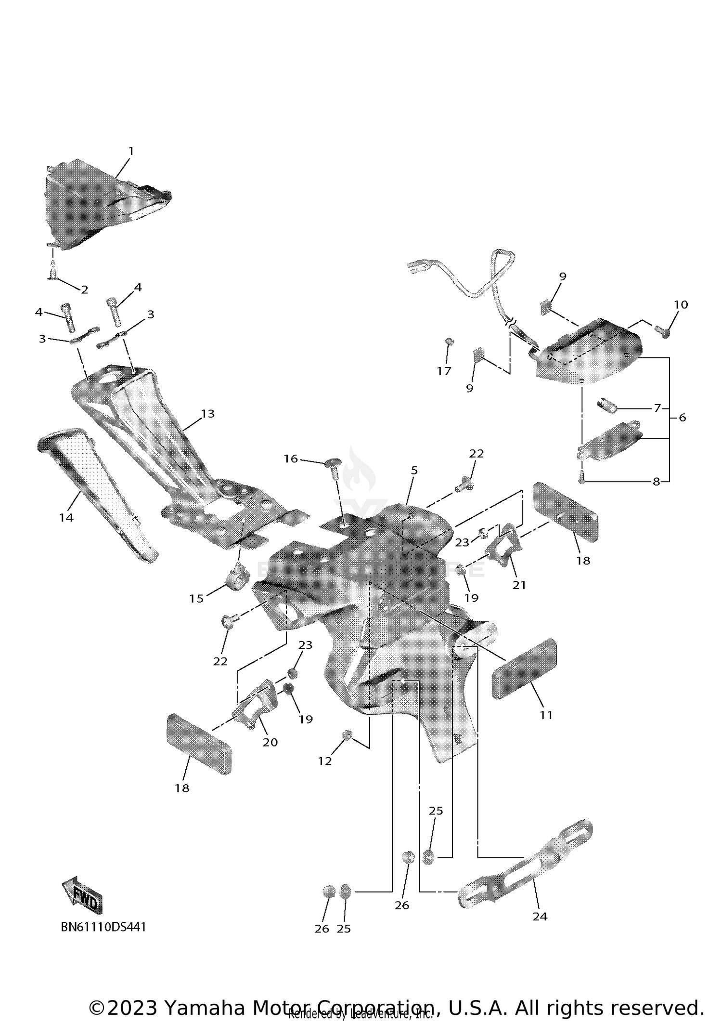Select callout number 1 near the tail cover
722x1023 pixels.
point(131,151)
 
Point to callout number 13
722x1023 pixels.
point(208,413)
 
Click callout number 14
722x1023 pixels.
point(66,517)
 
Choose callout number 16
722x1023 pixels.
point(291,459)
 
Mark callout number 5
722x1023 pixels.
point(414,470)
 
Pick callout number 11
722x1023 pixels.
point(546,715)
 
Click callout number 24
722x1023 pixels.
point(540,916)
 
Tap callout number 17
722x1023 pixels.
point(444,371)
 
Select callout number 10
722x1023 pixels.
point(681,304)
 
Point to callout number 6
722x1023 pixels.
point(683,417)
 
